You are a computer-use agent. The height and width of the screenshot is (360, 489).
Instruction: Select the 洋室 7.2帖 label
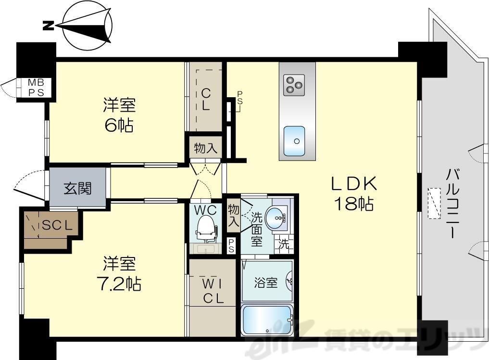click(121, 273)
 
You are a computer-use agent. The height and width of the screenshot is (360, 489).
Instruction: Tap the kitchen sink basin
click(294, 141)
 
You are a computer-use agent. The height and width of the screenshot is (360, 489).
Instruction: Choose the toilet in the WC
click(205, 227)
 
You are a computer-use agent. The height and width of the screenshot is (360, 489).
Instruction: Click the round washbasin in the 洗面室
click(279, 219)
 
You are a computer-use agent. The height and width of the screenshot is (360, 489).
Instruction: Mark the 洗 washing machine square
click(284, 244)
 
